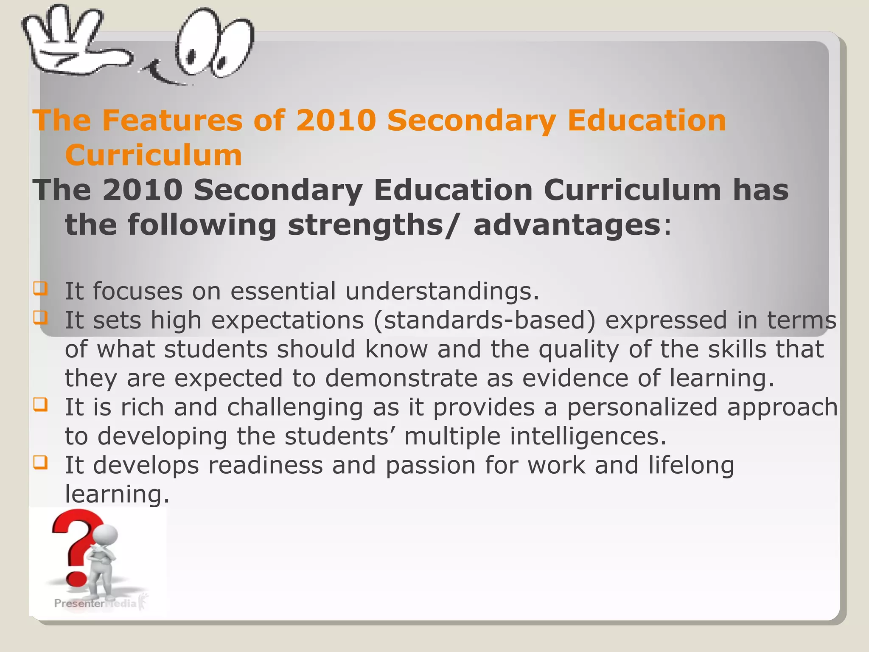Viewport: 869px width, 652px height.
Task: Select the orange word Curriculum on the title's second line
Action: pos(154,155)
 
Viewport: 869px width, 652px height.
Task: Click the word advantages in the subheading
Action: pos(567,225)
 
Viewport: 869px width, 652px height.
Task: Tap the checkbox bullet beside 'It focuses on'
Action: pos(40,289)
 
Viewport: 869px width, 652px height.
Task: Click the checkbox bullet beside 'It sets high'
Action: pos(40,318)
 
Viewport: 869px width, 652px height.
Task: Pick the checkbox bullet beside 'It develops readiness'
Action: pos(40,462)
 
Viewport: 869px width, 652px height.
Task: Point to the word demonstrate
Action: pos(401,378)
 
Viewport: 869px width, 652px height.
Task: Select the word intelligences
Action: pos(588,436)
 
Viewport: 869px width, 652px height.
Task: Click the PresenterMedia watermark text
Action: pos(95,604)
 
